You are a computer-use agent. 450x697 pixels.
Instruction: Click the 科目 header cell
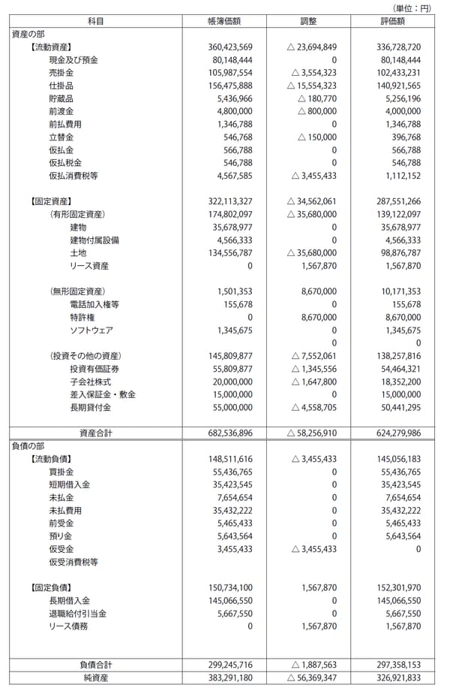(x=95, y=21)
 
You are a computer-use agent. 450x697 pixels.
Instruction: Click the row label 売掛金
(x=61, y=73)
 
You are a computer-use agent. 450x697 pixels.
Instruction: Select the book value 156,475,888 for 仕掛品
(x=230, y=86)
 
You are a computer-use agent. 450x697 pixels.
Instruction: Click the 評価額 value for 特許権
(x=401, y=318)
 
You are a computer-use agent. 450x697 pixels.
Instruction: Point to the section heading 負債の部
(x=29, y=445)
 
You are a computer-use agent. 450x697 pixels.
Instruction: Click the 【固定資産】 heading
(x=51, y=201)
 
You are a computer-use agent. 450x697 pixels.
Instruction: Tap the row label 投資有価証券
(x=94, y=368)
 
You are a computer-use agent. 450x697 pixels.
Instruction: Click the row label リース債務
(x=68, y=626)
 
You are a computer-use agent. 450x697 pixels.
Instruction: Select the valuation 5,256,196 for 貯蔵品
(x=401, y=98)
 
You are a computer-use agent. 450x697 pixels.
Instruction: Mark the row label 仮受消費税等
(x=73, y=562)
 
